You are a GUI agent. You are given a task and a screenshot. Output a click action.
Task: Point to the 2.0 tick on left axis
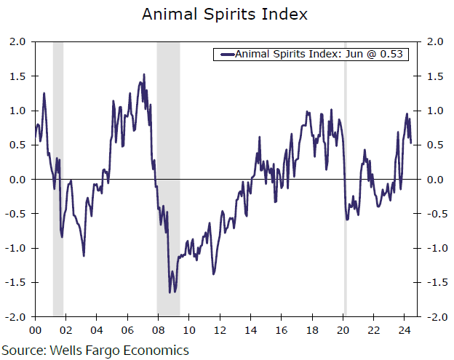(x=17, y=42)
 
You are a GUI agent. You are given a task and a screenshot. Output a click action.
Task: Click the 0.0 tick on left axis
(x=17, y=180)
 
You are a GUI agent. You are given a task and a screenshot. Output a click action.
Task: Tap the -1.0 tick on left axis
(x=15, y=248)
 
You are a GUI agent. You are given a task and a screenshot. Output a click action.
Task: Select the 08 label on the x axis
(x=158, y=329)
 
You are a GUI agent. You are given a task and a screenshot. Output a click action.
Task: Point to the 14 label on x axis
(x=250, y=329)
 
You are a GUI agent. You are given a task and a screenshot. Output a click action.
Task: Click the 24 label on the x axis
(x=404, y=329)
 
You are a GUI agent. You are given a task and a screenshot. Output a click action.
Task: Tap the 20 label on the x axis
(x=343, y=329)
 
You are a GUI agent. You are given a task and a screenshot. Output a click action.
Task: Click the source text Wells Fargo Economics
(x=95, y=350)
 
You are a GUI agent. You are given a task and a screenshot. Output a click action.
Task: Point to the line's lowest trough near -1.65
(x=170, y=292)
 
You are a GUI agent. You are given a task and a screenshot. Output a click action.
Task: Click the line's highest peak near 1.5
(x=143, y=74)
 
